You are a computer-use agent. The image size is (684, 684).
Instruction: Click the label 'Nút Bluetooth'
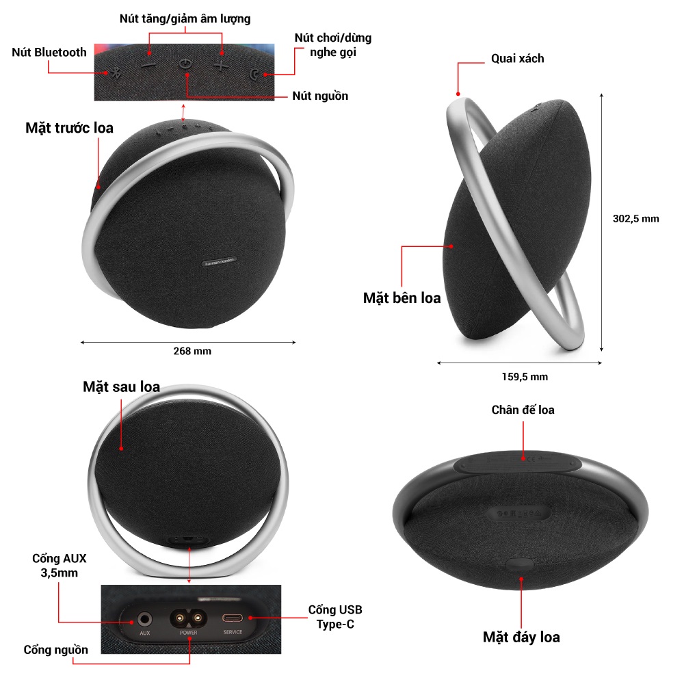[49, 52]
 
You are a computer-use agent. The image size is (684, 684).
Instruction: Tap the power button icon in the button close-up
[185, 64]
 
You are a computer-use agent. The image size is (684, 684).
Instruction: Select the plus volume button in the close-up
[221, 66]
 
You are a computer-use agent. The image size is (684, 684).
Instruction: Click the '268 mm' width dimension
[192, 351]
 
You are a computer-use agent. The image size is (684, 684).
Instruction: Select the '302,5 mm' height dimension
[635, 219]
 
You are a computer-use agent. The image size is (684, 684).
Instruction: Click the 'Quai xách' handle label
[518, 59]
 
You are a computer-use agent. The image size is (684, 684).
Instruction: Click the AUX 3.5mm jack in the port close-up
[144, 620]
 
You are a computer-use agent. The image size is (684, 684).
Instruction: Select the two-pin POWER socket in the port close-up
[189, 619]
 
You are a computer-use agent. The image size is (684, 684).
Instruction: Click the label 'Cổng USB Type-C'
[335, 616]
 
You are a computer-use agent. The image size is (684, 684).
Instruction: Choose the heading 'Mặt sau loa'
[122, 386]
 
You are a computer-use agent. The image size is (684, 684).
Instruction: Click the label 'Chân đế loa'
[523, 410]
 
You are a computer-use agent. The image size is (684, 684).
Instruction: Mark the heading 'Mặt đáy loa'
[521, 637]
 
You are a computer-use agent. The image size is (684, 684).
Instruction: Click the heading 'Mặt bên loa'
[402, 298]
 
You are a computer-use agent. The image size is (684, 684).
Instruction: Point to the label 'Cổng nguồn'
[56, 649]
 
